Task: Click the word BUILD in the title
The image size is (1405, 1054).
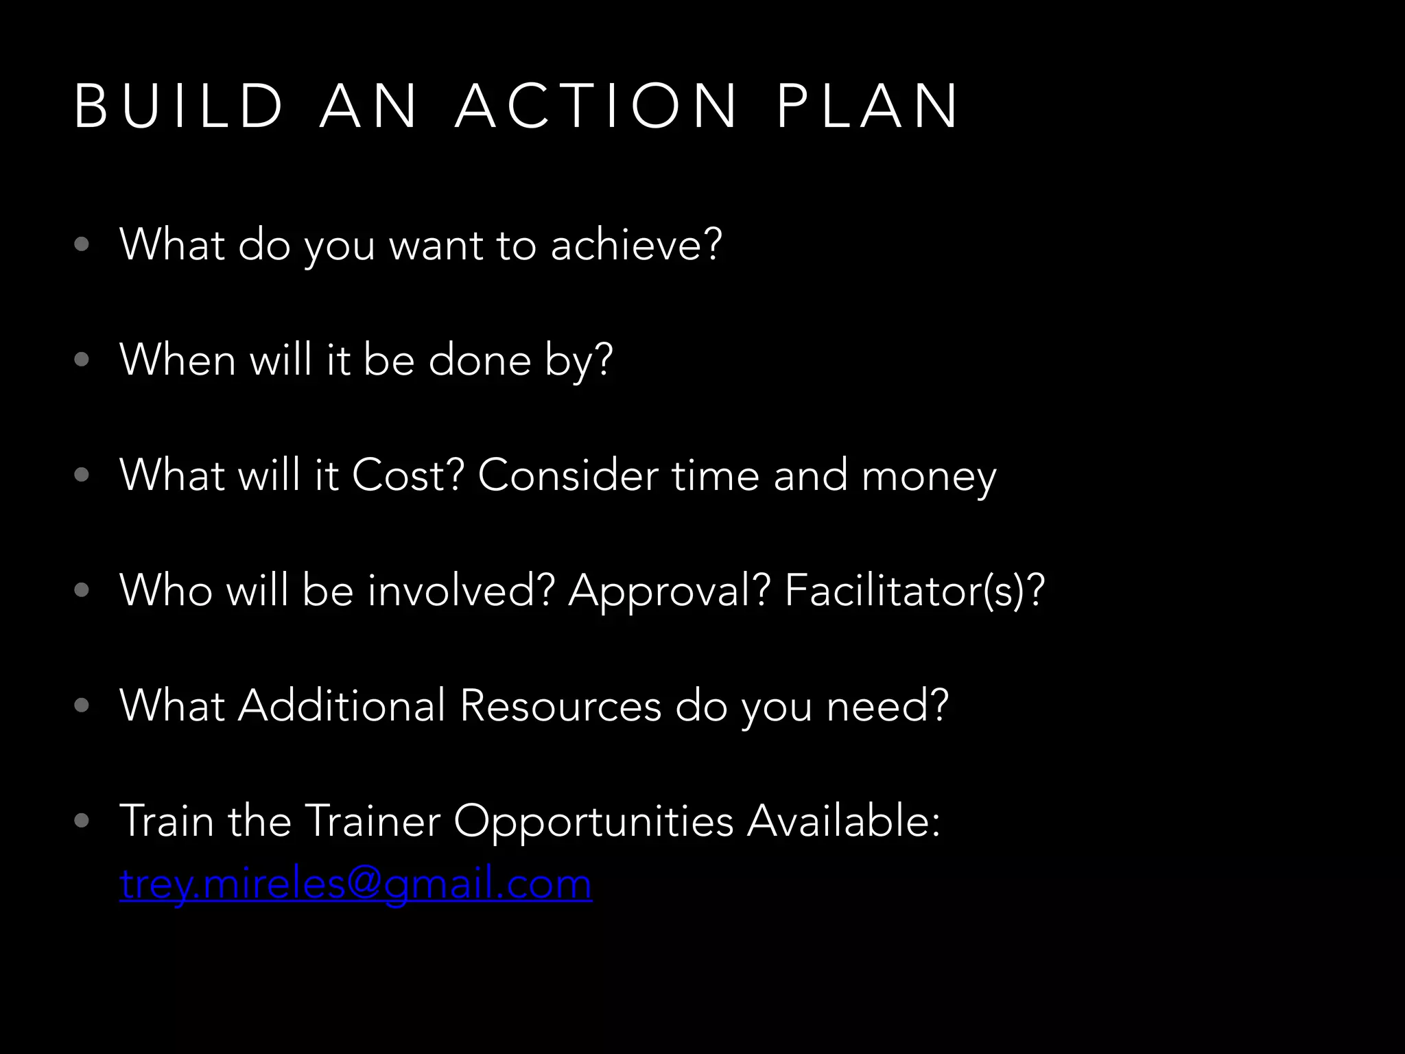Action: pyautogui.click(x=178, y=106)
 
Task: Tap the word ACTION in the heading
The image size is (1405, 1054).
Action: pyautogui.click(x=595, y=106)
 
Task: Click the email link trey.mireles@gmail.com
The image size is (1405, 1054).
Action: pyautogui.click(x=355, y=884)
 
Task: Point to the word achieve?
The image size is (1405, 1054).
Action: pyautogui.click(x=636, y=244)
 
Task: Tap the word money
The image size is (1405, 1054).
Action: pyautogui.click(x=928, y=476)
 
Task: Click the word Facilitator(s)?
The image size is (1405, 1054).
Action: pyautogui.click(x=914, y=591)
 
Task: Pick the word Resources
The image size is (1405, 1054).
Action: pyautogui.click(x=560, y=705)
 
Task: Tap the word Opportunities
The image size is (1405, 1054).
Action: pyautogui.click(x=593, y=821)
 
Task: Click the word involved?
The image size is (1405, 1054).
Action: pyautogui.click(x=461, y=590)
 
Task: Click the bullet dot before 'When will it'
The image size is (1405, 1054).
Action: pyautogui.click(x=82, y=360)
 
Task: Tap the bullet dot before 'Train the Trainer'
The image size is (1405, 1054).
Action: pyautogui.click(x=82, y=821)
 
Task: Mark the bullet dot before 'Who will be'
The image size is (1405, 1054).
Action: pyautogui.click(x=82, y=590)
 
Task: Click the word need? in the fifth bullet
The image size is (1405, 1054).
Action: pyautogui.click(x=888, y=705)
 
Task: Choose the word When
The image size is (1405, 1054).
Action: pyautogui.click(x=178, y=360)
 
